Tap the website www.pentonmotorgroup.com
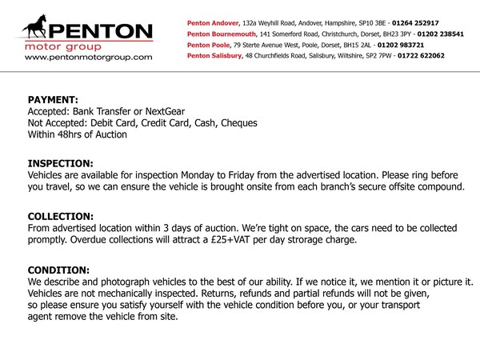83,58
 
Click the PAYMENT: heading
54,100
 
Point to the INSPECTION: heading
60,162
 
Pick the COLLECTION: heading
61,216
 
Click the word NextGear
176,111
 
